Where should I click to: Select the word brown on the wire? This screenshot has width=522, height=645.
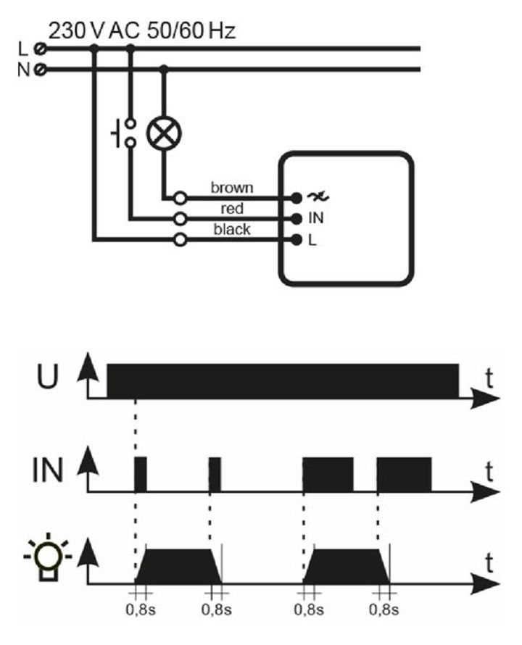pos(232,188)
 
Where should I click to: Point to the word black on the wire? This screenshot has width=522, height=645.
pos(232,230)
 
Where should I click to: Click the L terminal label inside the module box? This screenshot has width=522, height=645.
pos(312,241)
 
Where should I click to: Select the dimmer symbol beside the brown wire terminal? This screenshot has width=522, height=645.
pos(315,196)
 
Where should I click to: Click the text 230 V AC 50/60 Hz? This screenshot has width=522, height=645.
pos(142,30)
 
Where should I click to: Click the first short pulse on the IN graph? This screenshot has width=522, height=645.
pos(141,475)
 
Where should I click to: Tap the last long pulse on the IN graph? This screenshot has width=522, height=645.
pos(404,475)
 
